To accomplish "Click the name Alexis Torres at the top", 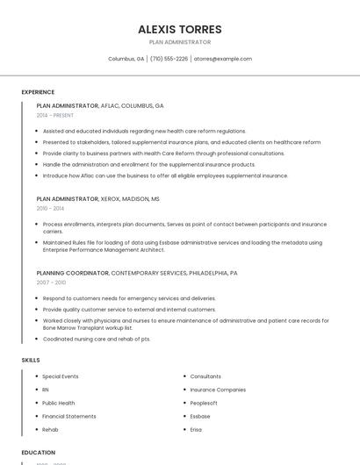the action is pyautogui.click(x=179, y=29).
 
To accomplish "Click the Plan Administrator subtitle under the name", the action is pyautogui.click(x=179, y=42).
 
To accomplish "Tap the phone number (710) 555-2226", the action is pyautogui.click(x=169, y=59).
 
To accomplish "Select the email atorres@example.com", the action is pyautogui.click(x=223, y=59).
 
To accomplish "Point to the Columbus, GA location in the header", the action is pyautogui.click(x=126, y=59).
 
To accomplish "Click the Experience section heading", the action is pyautogui.click(x=38, y=92).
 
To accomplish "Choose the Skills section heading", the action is pyautogui.click(x=31, y=360).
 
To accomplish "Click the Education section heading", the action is pyautogui.click(x=39, y=453).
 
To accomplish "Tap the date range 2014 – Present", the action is pyautogui.click(x=55, y=115).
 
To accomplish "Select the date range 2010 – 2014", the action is pyautogui.click(x=50, y=209).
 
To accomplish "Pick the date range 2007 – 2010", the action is pyautogui.click(x=51, y=283).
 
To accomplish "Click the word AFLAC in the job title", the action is pyautogui.click(x=113, y=105).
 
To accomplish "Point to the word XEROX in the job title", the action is pyautogui.click(x=113, y=199).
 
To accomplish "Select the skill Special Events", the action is pyautogui.click(x=61, y=376).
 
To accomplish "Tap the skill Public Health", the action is pyautogui.click(x=59, y=403).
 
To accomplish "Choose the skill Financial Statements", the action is pyautogui.click(x=69, y=416).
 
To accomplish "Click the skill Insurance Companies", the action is pyautogui.click(x=218, y=390).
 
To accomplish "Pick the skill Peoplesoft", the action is pyautogui.click(x=204, y=403).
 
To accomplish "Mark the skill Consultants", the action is pyautogui.click(x=205, y=376).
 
